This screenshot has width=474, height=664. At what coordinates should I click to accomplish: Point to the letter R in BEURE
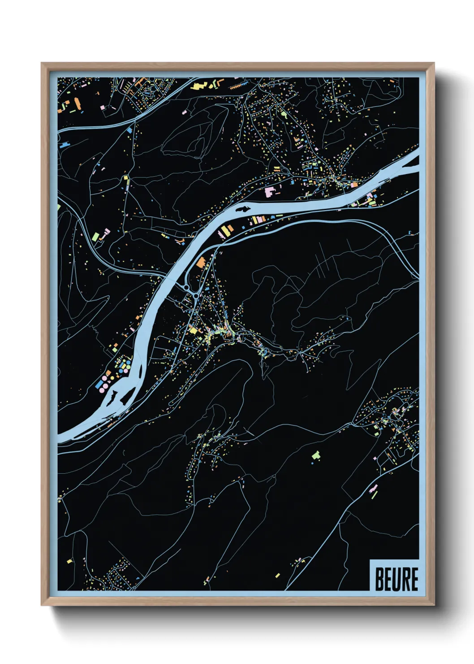point(405,579)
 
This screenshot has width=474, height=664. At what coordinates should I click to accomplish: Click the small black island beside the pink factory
point(242,209)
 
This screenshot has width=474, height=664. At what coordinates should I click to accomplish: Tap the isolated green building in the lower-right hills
point(316,455)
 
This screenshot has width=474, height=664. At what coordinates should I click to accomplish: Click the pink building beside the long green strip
point(107,232)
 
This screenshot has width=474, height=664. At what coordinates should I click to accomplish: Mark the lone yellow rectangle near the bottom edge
point(277,575)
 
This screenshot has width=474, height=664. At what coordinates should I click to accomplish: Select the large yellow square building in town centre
point(193,330)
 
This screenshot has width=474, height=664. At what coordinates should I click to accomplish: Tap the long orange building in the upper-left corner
point(77,104)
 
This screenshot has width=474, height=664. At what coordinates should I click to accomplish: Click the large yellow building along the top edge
point(200,85)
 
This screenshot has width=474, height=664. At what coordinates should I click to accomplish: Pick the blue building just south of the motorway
point(130,130)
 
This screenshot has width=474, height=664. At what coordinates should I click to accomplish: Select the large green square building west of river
point(95,236)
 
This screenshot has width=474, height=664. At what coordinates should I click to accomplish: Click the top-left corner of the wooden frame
point(42,63)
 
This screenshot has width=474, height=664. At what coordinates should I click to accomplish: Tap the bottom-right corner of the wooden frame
point(434,605)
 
